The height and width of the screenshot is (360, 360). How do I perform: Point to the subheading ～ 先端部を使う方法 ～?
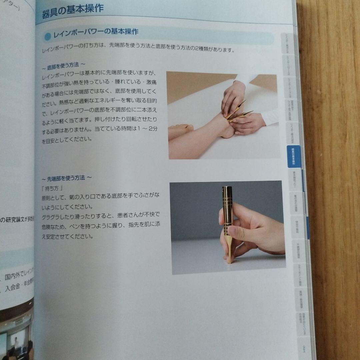coord(67,178)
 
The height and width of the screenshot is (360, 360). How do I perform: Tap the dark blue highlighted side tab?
coord(293,157)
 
